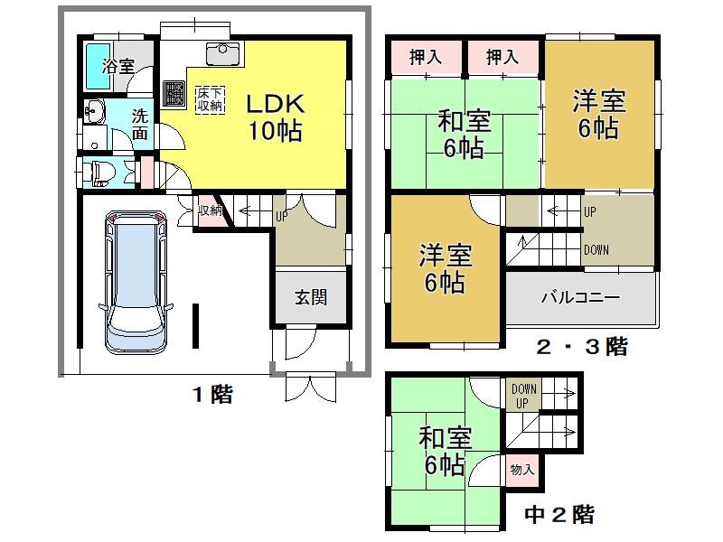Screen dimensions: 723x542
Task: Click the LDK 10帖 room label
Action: tap(276, 117)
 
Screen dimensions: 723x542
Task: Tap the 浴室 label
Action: tap(118, 66)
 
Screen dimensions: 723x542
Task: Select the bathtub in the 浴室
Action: tap(98, 65)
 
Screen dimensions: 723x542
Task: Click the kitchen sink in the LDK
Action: tap(222, 54)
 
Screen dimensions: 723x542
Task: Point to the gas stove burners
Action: tap(174, 94)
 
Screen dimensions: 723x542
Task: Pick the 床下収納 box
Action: tap(211, 99)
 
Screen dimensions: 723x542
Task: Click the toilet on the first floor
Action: tap(98, 173)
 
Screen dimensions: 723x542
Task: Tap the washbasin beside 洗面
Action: tap(95, 111)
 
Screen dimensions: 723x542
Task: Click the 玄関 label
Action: tap(311, 297)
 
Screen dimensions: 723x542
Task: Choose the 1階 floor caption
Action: tap(212, 395)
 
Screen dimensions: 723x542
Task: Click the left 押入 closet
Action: tap(426, 57)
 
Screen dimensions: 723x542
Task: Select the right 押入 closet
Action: tap(502, 57)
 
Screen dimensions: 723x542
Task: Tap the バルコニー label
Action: tap(580, 297)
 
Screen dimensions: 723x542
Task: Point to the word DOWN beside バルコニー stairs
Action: tap(596, 250)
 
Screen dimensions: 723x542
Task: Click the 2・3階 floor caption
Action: tap(582, 347)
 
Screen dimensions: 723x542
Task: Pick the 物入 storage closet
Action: tap(522, 470)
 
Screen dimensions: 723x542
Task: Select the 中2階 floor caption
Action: tap(559, 514)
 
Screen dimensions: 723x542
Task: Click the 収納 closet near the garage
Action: tap(211, 210)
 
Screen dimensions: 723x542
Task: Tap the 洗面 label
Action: tap(140, 125)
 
